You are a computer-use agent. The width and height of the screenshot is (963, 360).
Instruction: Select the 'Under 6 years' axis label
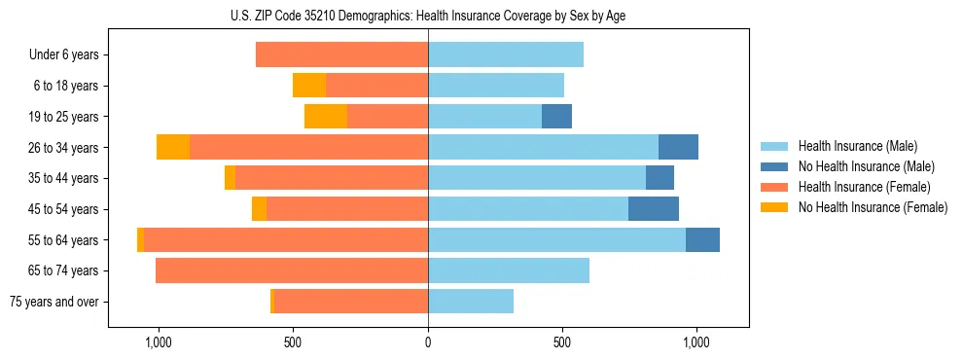pyautogui.click(x=64, y=54)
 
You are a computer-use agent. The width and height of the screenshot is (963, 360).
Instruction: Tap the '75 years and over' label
pyautogui.click(x=53, y=302)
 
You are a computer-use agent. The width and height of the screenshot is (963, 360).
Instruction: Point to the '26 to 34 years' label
pyautogui.click(x=64, y=147)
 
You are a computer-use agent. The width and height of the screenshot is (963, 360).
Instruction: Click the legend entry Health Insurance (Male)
pyautogui.click(x=856, y=146)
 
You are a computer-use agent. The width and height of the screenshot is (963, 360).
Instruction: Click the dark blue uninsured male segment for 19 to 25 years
pyautogui.click(x=556, y=116)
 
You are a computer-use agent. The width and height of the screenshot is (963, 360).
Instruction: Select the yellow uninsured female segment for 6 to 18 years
pyautogui.click(x=309, y=86)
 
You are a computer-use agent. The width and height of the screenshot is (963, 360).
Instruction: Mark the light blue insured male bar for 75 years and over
pyautogui.click(x=471, y=302)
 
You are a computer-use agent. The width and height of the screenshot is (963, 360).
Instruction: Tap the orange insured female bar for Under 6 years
pyautogui.click(x=341, y=54)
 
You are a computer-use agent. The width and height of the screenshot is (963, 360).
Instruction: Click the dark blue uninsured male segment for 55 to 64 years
pyautogui.click(x=702, y=239)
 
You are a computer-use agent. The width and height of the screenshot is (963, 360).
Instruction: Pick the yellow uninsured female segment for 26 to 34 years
pyautogui.click(x=173, y=147)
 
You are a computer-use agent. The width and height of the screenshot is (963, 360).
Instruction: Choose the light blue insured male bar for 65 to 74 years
pyautogui.click(x=509, y=270)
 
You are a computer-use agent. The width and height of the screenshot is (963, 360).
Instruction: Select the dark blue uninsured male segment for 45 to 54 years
pyautogui.click(x=654, y=208)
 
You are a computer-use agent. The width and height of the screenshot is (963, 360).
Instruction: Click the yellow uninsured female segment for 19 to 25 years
pyautogui.click(x=326, y=116)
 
